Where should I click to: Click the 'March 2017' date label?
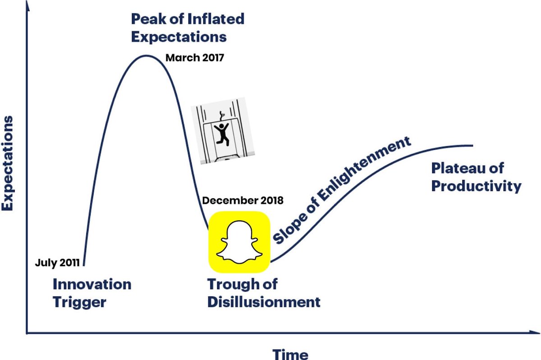coord(194,58)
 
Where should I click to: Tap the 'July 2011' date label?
coord(57,263)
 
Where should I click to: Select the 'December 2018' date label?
coord(243,201)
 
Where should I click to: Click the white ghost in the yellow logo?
coord(239,242)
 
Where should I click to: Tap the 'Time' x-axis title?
coord(290,354)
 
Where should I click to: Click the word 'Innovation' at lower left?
coord(92,285)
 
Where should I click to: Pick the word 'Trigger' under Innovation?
coord(79,302)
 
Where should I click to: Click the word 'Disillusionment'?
coord(264,302)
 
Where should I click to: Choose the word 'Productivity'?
coord(476,186)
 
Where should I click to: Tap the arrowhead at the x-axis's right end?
coord(536,333)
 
